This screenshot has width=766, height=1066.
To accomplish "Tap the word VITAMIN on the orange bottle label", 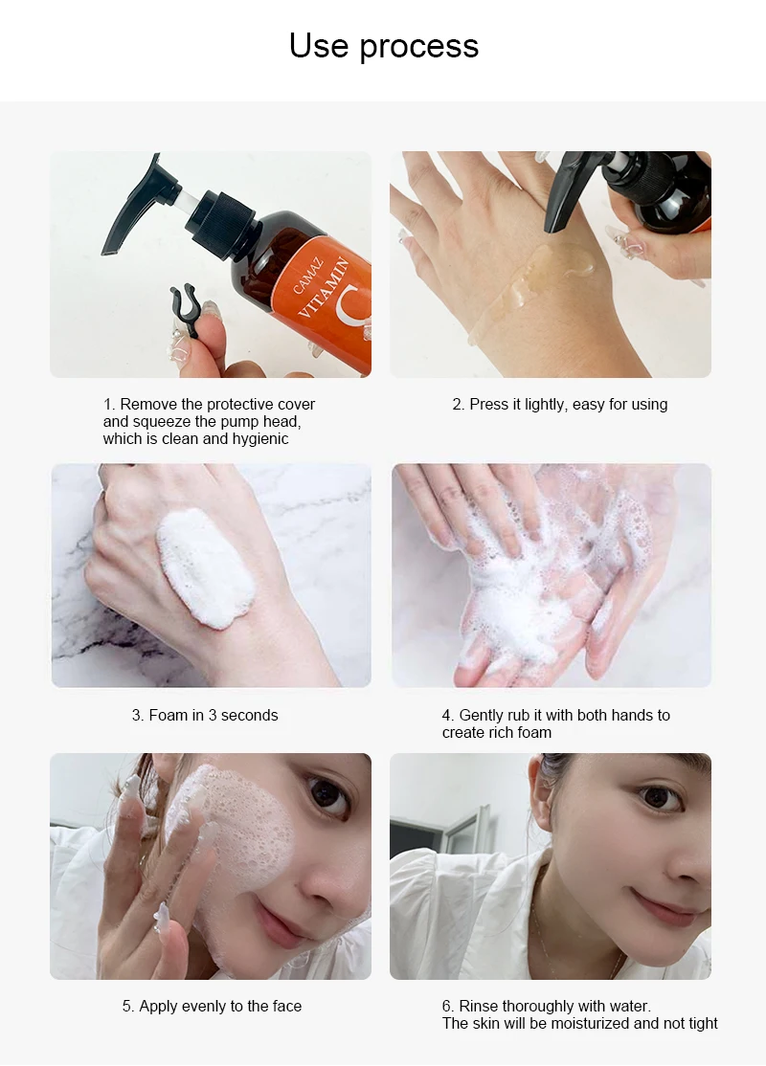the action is coord(324,288).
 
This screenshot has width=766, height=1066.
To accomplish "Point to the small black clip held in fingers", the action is coord(184,309).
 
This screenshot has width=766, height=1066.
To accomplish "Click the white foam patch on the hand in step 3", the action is coord(205,567).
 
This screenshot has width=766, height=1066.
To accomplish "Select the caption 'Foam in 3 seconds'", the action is coord(205,715).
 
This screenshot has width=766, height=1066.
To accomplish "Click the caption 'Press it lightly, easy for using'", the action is coord(560,405).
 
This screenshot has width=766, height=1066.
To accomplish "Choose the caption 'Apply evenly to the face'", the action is coord(212,1006).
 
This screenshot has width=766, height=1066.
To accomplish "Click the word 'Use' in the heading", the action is coord(319,46).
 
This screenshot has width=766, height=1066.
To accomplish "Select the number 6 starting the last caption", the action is coord(447,1006).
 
